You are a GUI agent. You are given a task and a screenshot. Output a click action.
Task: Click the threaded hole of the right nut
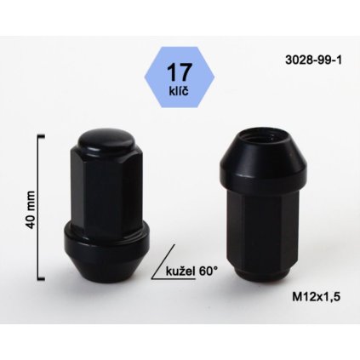point(263,131)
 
